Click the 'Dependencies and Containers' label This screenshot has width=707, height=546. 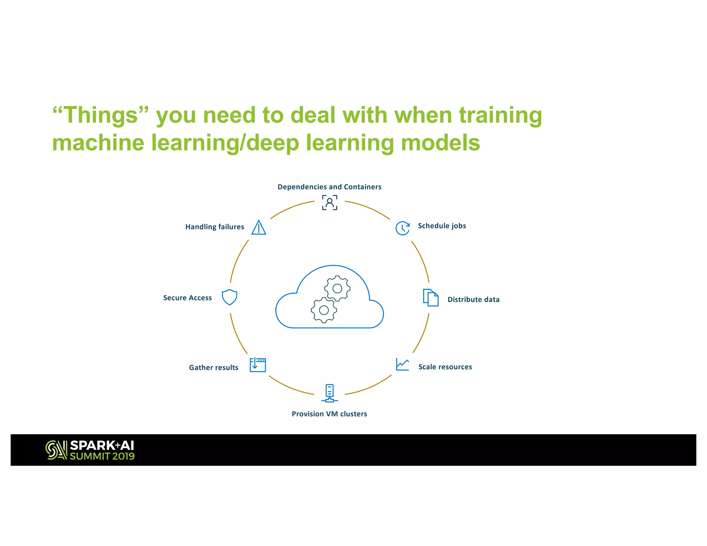pos(329,187)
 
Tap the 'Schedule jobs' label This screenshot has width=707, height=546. pos(442,226)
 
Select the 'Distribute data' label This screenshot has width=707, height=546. pos(473,300)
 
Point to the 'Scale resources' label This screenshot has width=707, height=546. pos(445,367)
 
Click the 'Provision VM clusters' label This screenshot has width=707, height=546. pos(329,414)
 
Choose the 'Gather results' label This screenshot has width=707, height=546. pos(213,368)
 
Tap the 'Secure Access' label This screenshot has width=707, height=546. pos(187,298)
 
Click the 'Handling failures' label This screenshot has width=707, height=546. pos(214,227)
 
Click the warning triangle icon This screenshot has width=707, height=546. pos(259,227)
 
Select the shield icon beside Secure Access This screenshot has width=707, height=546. pos(229,297)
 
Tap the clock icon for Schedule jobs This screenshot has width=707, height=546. pos(403,228)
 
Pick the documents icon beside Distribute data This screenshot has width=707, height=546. pos(431,298)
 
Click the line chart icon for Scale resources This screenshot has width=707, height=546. pos(403,364)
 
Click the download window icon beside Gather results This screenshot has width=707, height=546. pos(258,365)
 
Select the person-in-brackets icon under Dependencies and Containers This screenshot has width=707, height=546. pos(330,203)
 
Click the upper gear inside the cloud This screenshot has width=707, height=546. pos(337,288)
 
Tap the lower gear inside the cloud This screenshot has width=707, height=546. pos(324,310)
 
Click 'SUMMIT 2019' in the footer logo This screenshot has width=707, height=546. pos(102,456)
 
